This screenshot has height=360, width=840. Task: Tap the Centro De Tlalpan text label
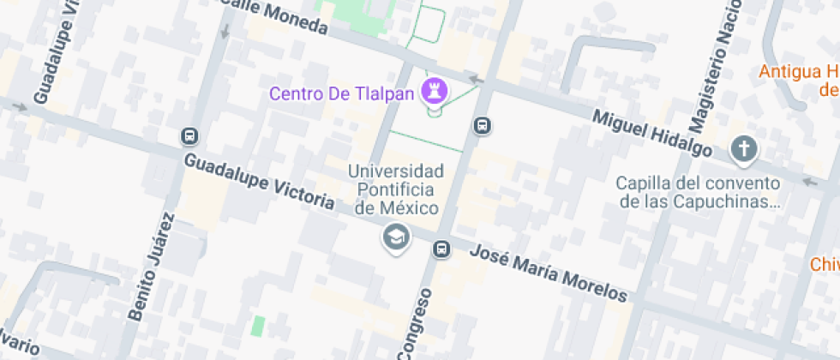[341, 93]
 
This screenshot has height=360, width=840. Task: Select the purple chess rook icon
[434, 90]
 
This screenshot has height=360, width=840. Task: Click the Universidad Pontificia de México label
[396, 189]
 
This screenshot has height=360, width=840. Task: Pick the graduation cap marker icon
[396, 237]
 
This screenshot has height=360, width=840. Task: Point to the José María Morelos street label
[549, 273]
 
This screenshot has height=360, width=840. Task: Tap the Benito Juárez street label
[151, 267]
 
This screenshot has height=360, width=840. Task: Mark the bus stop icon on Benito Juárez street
[189, 136]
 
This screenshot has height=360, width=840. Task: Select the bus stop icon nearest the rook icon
[483, 126]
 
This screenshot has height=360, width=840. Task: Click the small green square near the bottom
[258, 327]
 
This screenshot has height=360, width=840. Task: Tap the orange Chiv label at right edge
[825, 264]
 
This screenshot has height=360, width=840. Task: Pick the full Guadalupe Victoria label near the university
[259, 182]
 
